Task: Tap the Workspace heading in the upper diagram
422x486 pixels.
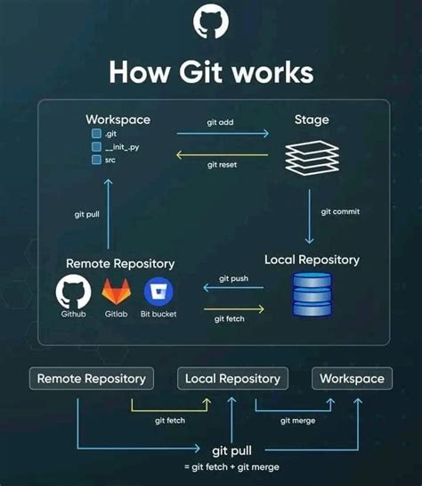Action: [x=118, y=119]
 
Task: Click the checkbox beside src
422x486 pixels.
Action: [x=96, y=160]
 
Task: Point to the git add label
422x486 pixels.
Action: [x=220, y=122]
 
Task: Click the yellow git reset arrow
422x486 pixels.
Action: [x=221, y=152]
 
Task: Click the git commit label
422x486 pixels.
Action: [x=340, y=211]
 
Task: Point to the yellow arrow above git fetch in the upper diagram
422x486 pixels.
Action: [x=233, y=309]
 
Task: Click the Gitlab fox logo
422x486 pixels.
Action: [x=117, y=292]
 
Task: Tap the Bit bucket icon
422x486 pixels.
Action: [x=158, y=292]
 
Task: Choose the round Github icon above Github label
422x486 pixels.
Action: [x=73, y=292]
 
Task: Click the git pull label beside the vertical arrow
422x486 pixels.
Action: [x=88, y=214]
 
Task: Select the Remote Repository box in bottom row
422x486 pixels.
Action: [x=91, y=378]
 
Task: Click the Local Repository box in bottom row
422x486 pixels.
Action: [x=232, y=378]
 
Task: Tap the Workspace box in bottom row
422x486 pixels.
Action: [x=352, y=378]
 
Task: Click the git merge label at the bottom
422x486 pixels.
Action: [x=297, y=420]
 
